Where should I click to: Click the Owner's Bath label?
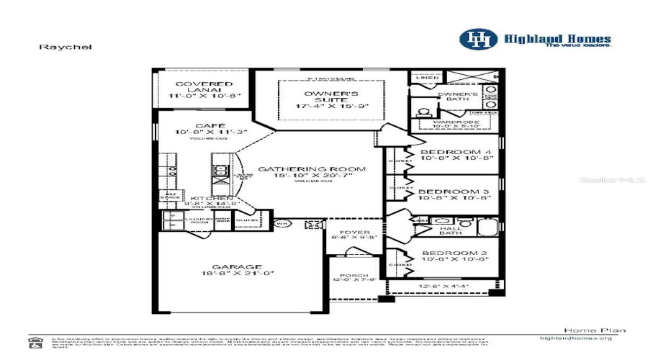pos(457,96)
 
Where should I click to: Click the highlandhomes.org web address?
pos(575,338)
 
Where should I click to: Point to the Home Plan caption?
pos(584,330)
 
